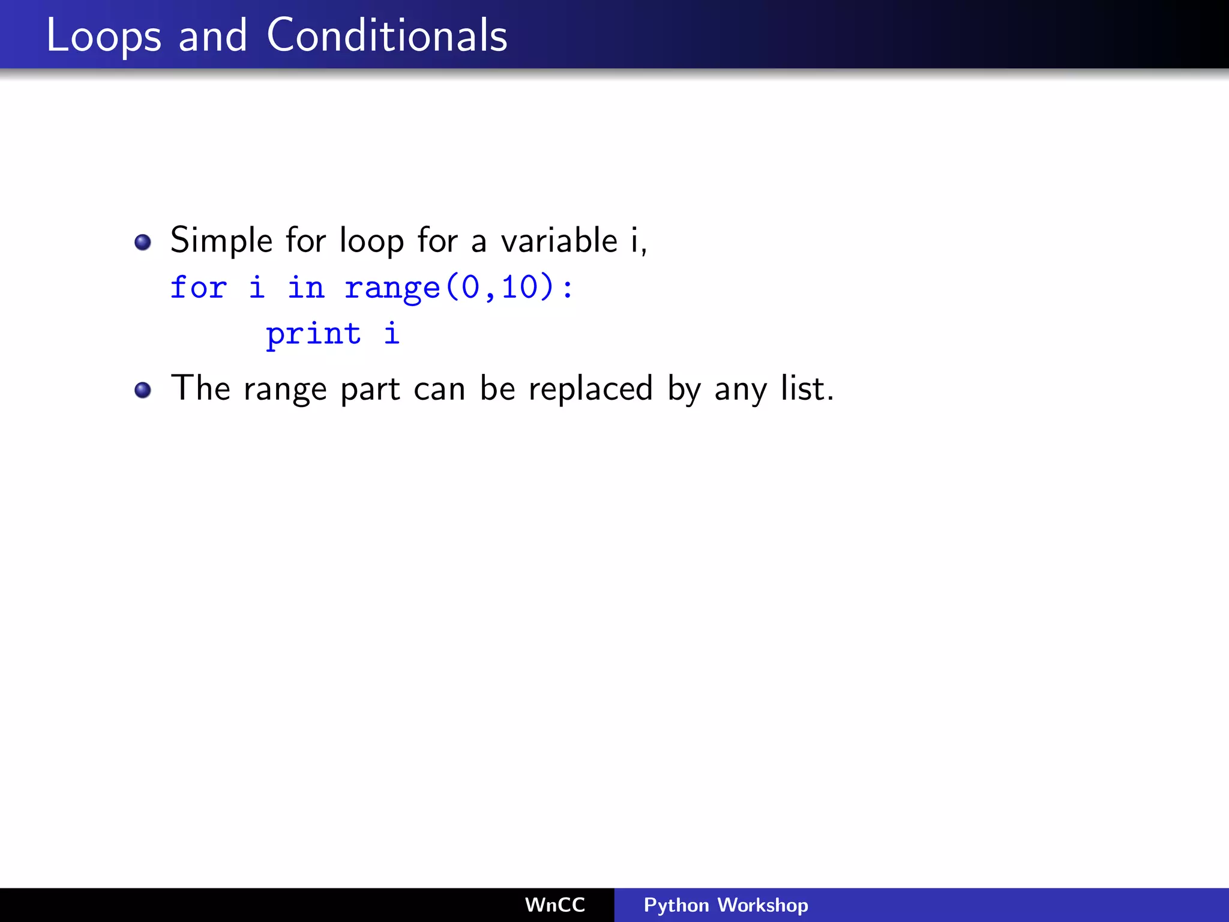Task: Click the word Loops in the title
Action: [x=104, y=36]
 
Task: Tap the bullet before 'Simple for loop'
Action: [x=143, y=243]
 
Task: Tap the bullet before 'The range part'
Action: [x=143, y=390]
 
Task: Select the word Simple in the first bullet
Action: [x=221, y=241]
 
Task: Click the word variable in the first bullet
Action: [x=559, y=240]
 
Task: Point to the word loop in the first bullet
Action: [x=371, y=241]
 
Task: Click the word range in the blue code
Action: [x=392, y=288]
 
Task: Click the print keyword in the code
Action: [x=313, y=333]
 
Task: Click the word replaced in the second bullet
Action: [x=590, y=389]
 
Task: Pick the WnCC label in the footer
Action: [x=554, y=905]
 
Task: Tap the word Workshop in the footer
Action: [x=763, y=905]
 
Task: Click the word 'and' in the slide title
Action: [x=213, y=35]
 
